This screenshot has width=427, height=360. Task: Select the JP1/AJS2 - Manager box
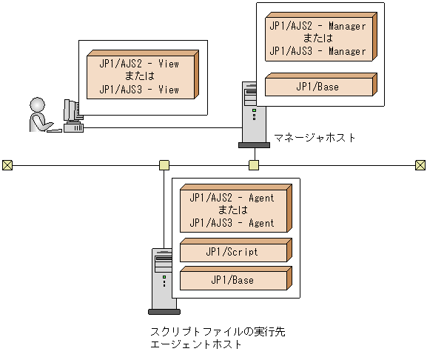pos(317,39)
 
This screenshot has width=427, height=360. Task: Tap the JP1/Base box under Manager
pos(317,86)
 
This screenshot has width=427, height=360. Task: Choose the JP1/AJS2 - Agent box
pos(232,210)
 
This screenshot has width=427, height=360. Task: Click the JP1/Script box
pos(232,252)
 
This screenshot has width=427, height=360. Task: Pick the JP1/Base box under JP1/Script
pos(232,280)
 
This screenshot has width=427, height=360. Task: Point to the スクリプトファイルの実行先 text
pos(218,332)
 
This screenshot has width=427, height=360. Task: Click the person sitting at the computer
pos(40,115)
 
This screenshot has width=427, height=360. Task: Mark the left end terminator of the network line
pos(7,164)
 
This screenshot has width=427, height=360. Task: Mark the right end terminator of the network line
pos(420,164)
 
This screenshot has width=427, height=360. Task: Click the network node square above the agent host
pos(164,164)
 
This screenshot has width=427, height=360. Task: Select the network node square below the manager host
pos(254,164)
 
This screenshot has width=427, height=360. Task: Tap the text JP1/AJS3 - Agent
pos(232,223)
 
